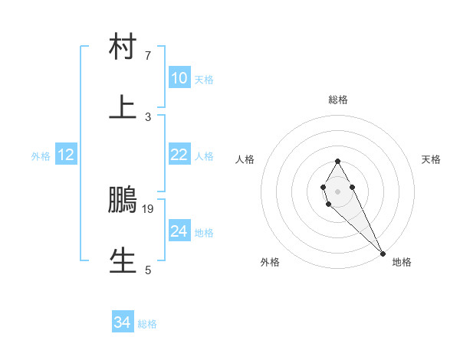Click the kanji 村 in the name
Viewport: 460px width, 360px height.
click(123, 47)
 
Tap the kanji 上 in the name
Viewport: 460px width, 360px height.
click(123, 108)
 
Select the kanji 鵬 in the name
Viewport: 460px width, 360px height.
click(123, 200)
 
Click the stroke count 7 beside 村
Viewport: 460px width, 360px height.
click(148, 56)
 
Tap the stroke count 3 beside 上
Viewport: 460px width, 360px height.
click(148, 116)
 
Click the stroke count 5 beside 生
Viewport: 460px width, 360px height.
click(148, 270)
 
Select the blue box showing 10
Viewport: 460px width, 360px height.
click(179, 78)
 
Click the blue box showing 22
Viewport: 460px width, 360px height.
click(179, 155)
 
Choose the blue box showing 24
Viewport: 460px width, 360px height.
click(179, 231)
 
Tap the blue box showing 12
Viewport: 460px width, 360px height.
click(66, 155)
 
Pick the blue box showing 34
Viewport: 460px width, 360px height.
click(123, 323)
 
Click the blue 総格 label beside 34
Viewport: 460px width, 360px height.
click(147, 324)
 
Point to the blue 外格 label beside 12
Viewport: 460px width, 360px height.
click(41, 155)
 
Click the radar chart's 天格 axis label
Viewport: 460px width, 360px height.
click(432, 159)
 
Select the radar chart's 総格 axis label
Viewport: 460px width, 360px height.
click(338, 100)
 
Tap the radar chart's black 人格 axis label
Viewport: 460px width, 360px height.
click(245, 159)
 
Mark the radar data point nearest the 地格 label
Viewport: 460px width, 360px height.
click(383, 253)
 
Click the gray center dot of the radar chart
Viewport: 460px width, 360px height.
click(337, 191)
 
